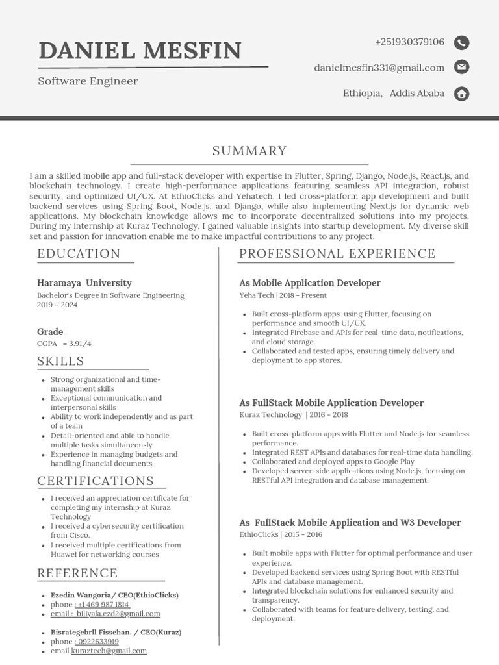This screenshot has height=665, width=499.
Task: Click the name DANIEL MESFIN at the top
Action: [x=140, y=50]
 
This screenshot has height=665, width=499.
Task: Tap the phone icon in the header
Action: [x=461, y=43]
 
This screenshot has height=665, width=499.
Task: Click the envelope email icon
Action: [x=461, y=67]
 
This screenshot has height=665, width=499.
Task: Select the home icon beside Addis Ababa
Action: [x=461, y=94]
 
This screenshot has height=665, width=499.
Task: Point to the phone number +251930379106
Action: [x=409, y=42]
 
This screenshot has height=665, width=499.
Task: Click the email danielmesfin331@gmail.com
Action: [x=379, y=68]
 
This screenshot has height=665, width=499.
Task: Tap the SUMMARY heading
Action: [x=249, y=151]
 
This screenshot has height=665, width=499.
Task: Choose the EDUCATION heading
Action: [x=79, y=254]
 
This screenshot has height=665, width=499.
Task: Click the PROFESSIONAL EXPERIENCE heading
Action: [x=337, y=254]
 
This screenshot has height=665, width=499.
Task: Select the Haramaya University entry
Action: [x=84, y=283]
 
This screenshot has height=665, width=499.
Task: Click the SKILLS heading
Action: [x=60, y=361]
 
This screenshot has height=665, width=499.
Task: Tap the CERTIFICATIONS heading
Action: [x=96, y=481]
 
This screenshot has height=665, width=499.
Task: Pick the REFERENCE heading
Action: [x=77, y=573]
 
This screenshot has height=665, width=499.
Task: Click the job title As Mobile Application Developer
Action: [x=310, y=283]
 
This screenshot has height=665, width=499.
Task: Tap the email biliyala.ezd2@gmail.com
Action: [x=118, y=614]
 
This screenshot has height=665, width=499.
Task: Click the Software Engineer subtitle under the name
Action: [x=88, y=81]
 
